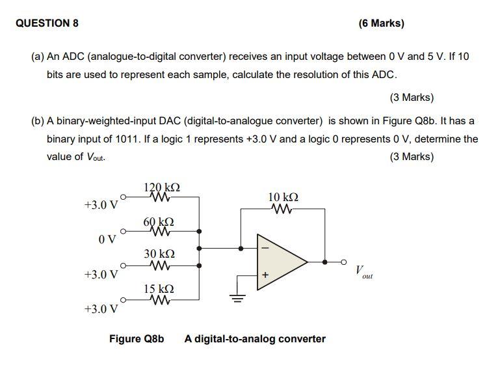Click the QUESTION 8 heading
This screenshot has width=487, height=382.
(47, 23)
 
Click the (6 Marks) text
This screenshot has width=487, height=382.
(381, 23)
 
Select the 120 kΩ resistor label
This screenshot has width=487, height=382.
(162, 187)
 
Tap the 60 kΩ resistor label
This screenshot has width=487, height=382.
(159, 223)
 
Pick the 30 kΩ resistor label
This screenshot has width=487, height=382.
(159, 254)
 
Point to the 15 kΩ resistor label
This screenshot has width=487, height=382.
(159, 288)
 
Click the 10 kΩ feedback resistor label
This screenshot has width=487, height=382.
(283, 197)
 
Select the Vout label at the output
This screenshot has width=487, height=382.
(363, 271)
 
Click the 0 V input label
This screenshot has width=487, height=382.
(107, 239)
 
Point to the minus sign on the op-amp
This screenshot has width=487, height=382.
(264, 248)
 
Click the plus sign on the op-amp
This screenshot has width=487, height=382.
(265, 275)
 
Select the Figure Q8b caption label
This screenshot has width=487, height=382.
(137, 339)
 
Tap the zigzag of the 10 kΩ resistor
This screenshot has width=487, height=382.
(283, 209)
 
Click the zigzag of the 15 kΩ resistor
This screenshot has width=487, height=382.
(159, 300)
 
